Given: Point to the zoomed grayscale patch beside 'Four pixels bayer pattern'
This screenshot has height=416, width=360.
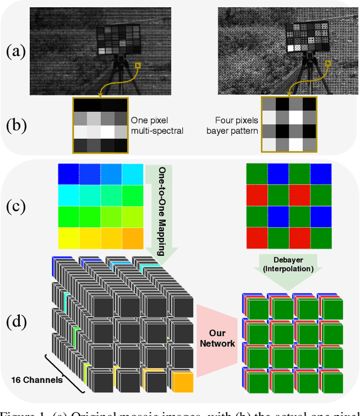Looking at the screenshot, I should pyautogui.click(x=289, y=124).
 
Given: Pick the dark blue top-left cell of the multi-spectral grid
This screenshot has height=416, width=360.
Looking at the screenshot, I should pyautogui.click(x=68, y=173).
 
